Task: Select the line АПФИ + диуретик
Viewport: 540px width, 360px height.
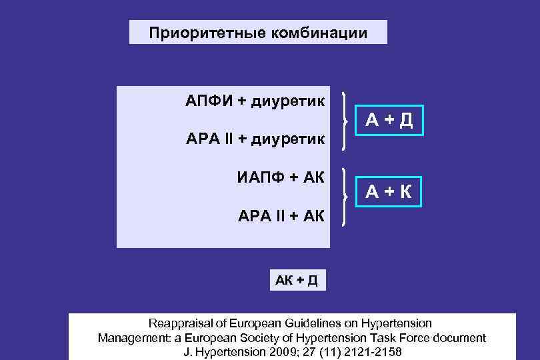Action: coord(255,102)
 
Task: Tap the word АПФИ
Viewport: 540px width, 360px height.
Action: coord(207,102)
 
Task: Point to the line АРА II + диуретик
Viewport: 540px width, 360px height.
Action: coord(255,139)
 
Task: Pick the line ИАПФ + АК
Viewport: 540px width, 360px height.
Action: coord(280,177)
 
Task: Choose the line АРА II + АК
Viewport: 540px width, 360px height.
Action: coord(281,215)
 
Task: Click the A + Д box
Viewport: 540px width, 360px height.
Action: coord(389,120)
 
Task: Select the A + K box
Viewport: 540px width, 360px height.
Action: coord(389,192)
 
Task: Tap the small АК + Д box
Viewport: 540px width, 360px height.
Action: coord(297,280)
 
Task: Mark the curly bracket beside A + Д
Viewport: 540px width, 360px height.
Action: coord(345,121)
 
